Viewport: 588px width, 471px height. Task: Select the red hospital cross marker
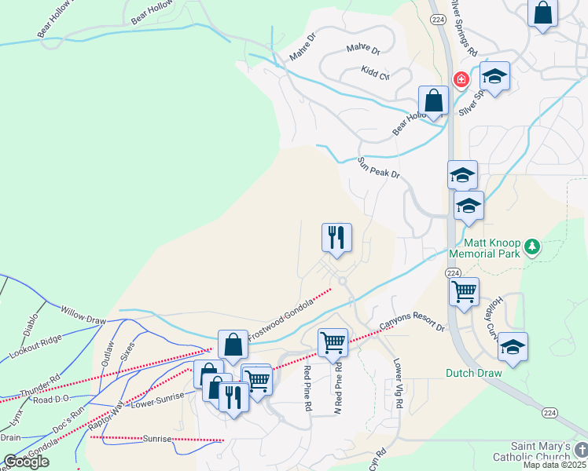[461, 79]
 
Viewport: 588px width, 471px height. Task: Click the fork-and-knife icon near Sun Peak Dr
[337, 237]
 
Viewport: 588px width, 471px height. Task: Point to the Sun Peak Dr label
[380, 168]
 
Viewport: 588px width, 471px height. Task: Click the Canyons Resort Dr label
[412, 317]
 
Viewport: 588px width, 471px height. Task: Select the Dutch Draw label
[473, 373]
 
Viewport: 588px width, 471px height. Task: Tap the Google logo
[26, 461]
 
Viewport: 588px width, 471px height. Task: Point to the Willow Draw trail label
[83, 316]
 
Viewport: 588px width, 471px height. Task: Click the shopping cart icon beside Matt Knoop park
[464, 291]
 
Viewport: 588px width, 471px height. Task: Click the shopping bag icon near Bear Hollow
[433, 100]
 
